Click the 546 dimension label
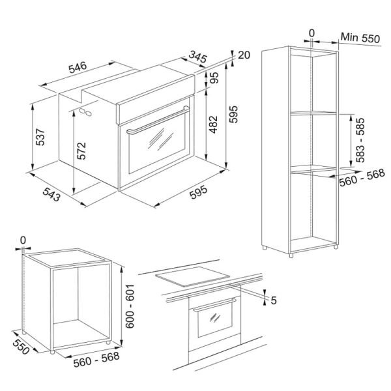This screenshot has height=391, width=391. coord(78,67)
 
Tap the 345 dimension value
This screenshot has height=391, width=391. coord(198,57)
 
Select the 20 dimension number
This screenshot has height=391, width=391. coord(244,55)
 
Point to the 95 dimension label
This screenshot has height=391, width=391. coord(214,78)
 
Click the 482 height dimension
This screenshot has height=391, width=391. coord(213,124)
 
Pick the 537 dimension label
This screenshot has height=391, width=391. coord(40,137)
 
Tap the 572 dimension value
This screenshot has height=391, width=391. coord(81,151)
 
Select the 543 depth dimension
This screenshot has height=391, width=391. coord(51,194)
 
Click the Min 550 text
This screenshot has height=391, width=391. coord(360,38)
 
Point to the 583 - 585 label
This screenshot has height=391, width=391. coord(360,140)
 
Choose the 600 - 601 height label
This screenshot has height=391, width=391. coord(130,306)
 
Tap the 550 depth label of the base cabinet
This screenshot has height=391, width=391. coord(22,347)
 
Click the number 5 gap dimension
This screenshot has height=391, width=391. coord(274,300)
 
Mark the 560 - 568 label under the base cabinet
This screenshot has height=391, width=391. coord(96,359)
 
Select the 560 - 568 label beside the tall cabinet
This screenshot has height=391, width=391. coord(362,177)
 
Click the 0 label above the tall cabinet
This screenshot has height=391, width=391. coord(311,33)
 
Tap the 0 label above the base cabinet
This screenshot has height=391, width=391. coord(23,240)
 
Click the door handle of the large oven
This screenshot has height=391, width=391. coord(158,121)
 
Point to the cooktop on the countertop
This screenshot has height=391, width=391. coord(192,276)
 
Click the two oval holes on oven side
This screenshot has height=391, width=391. coord(85,112)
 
